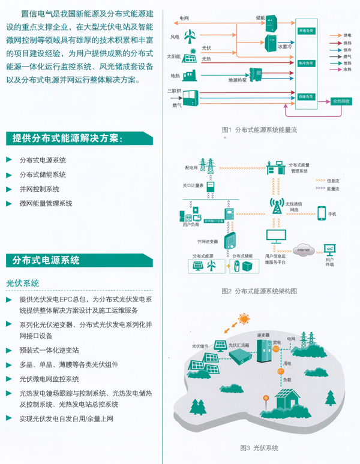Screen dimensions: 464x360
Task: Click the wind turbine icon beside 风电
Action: coord(189,38)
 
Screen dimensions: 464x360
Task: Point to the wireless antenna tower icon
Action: coord(277,204)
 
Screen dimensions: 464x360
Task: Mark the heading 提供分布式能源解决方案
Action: coord(67,138)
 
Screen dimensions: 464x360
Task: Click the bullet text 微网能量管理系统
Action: coord(46,203)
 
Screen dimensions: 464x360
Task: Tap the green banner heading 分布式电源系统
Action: coord(47,260)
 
